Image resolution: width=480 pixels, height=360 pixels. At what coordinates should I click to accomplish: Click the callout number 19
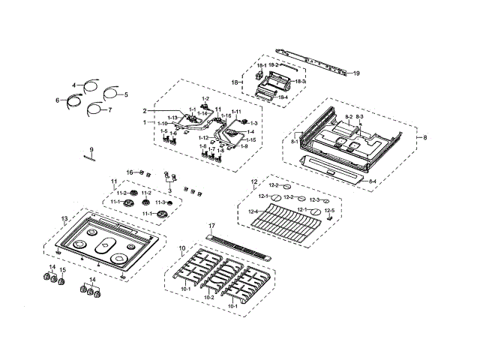(x=357, y=73)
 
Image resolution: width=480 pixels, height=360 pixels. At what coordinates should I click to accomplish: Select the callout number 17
(x=211, y=226)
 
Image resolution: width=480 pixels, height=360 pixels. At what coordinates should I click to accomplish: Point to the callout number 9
(x=91, y=149)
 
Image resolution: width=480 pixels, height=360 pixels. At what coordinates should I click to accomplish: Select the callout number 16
(x=129, y=172)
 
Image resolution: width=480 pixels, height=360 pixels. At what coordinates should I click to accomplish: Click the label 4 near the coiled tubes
(x=74, y=85)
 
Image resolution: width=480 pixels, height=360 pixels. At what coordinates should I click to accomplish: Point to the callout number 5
(x=126, y=95)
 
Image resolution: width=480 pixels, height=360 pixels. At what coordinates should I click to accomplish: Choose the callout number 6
(x=57, y=100)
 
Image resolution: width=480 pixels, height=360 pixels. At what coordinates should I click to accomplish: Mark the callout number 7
(x=109, y=110)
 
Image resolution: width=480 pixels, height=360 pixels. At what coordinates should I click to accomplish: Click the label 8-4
(x=373, y=181)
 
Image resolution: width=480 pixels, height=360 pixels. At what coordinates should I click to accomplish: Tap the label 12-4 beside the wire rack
(x=253, y=211)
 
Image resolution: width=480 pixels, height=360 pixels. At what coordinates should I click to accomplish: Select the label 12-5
(x=329, y=211)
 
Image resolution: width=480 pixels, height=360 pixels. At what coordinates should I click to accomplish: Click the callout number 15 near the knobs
(x=63, y=270)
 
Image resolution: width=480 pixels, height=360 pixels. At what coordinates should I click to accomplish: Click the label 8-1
(x=294, y=140)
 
